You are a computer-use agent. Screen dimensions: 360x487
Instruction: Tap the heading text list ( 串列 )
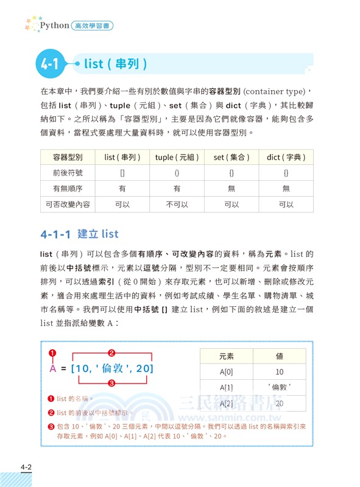click(115, 63)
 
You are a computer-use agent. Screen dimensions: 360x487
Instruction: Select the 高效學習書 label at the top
click(93, 26)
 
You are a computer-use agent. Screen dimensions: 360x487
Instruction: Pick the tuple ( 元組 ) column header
click(177, 157)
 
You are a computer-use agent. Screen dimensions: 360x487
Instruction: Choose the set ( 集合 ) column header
click(231, 157)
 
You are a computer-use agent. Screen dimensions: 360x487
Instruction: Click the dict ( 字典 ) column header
click(286, 157)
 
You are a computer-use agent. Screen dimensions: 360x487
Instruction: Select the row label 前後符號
click(68, 173)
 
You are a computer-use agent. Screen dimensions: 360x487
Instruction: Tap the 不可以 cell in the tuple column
click(177, 205)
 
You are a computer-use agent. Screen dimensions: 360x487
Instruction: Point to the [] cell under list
click(122, 173)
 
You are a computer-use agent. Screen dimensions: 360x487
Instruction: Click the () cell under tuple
click(177, 173)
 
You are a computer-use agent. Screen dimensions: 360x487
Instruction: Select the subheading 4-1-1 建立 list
click(79, 234)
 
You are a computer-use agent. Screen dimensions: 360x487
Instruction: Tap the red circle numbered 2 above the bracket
click(111, 352)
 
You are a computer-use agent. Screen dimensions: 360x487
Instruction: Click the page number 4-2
click(26, 467)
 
